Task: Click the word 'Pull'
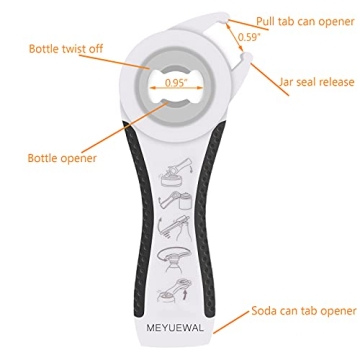[265, 19]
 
